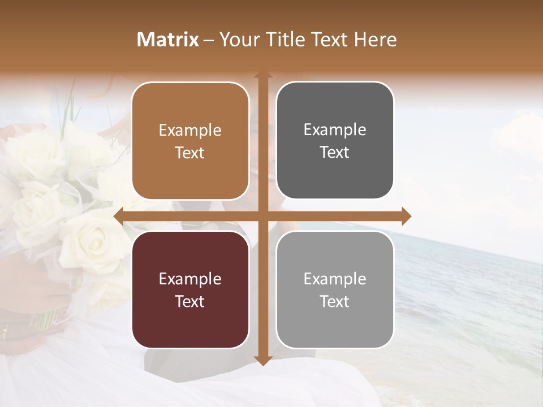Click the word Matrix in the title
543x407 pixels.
[168, 40]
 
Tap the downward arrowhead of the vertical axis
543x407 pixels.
[262, 360]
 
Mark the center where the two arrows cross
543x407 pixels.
[262, 216]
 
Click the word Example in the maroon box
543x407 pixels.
[190, 279]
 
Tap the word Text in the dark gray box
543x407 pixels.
[335, 153]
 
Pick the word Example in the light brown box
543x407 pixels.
[190, 130]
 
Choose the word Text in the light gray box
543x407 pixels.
[335, 301]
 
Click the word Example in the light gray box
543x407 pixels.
[335, 279]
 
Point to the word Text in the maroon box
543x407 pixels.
[190, 301]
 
